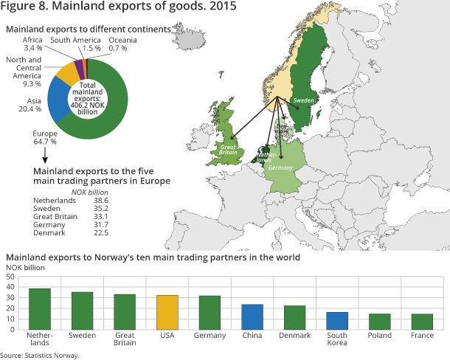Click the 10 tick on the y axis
click(10, 319)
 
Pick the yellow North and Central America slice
click(67, 74)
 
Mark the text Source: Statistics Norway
click(40, 355)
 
